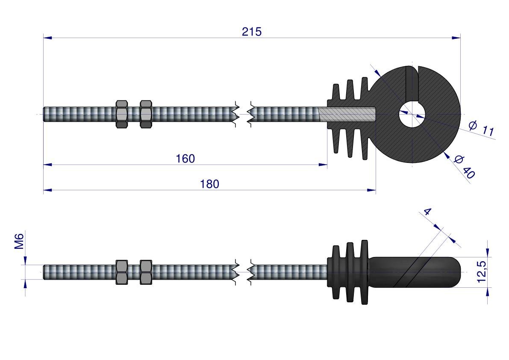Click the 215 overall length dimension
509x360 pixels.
(251, 32)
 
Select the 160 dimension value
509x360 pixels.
(185, 159)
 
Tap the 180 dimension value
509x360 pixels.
(209, 184)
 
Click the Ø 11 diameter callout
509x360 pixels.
(481, 129)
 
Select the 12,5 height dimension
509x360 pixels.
(481, 272)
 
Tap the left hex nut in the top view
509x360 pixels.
(122, 114)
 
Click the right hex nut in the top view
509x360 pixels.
(146, 114)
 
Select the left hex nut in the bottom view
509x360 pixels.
(122, 272)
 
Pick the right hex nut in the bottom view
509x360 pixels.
(146, 272)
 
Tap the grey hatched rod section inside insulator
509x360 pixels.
(347, 114)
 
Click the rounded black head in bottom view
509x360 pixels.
(415, 272)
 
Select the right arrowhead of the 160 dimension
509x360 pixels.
(324, 164)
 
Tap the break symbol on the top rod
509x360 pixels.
(244, 114)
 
